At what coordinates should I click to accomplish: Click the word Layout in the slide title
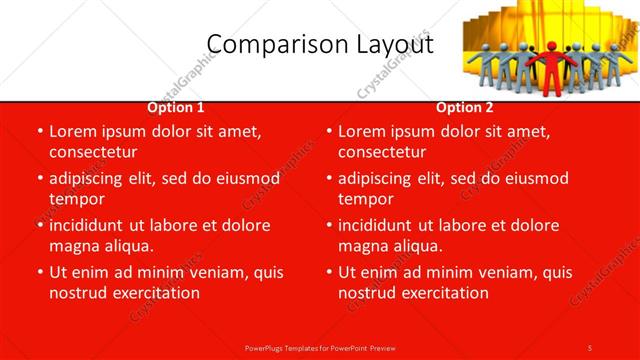[395, 45]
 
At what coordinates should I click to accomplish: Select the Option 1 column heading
[176, 107]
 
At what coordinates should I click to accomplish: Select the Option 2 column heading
[465, 107]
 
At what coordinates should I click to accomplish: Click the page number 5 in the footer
[590, 347]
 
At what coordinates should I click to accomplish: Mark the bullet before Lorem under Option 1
[39, 131]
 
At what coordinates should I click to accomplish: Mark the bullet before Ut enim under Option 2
[328, 272]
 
